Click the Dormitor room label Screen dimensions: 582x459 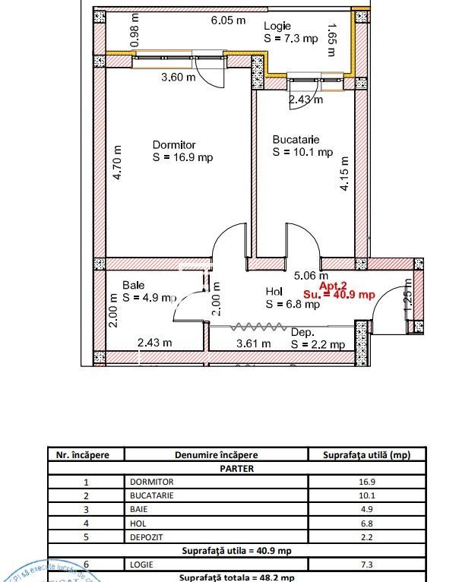(x=174, y=144)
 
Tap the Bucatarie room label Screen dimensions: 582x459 (x=296, y=140)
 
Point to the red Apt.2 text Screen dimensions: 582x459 (x=333, y=285)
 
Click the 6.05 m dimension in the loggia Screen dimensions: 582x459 (x=227, y=21)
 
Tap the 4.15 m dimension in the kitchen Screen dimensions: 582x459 (x=344, y=174)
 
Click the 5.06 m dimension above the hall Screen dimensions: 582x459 (x=310, y=276)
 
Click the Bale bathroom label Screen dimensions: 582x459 (x=133, y=285)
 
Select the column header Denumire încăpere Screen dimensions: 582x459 (x=215, y=454)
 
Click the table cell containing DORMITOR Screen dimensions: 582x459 (x=152, y=482)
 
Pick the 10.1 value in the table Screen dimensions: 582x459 (x=366, y=495)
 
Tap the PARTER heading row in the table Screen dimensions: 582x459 (x=236, y=468)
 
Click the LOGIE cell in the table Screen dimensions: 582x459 (x=143, y=564)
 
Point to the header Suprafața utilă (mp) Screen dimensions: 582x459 (x=366, y=454)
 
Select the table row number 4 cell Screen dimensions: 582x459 (x=86, y=523)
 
